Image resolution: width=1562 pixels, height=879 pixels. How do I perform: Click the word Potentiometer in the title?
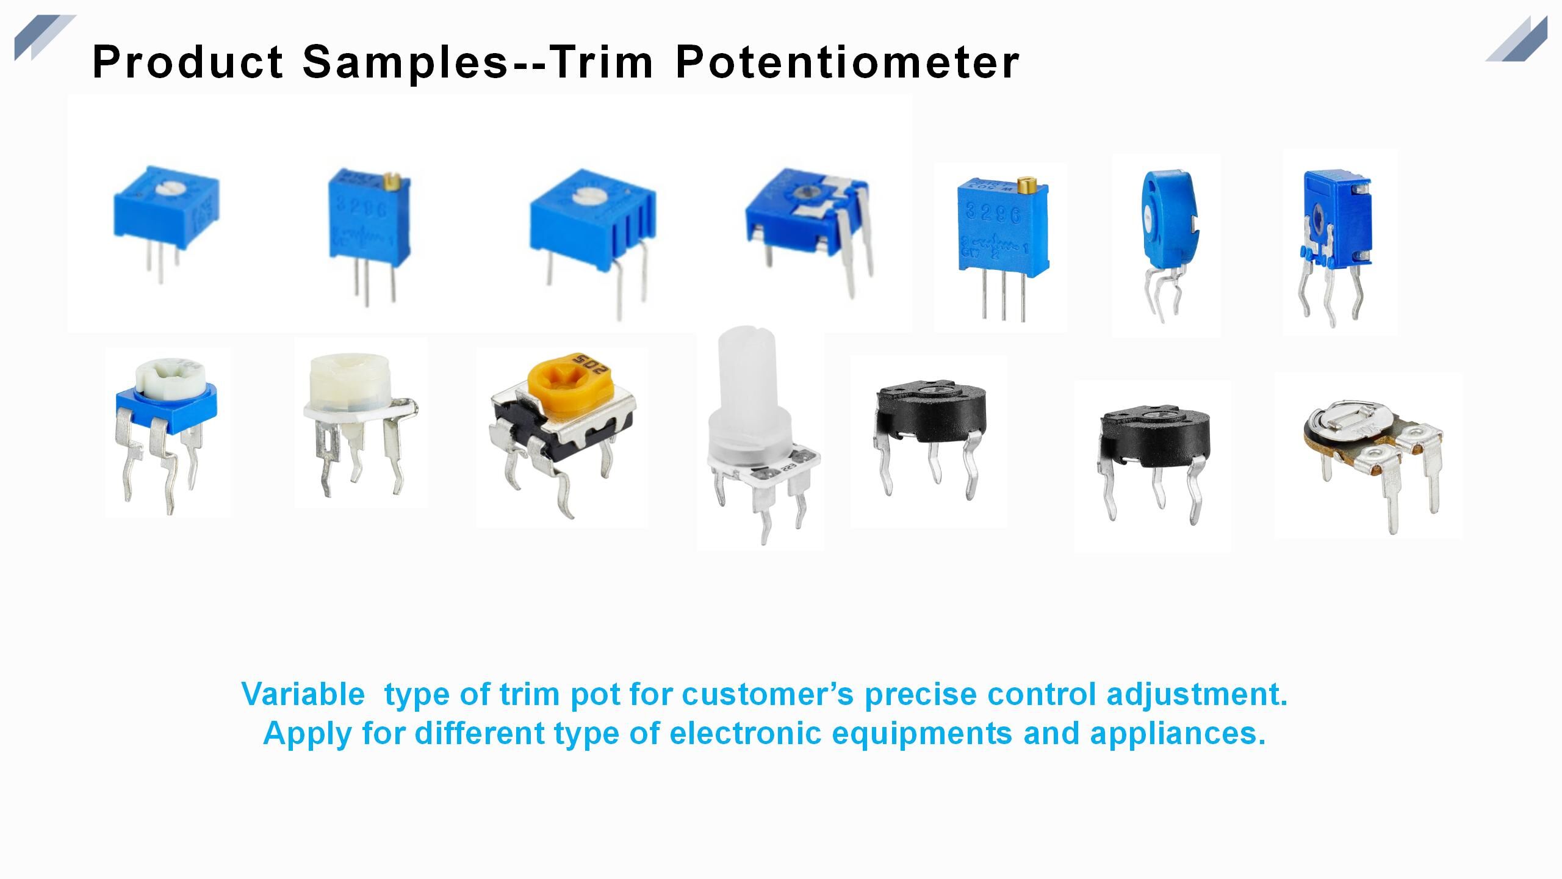847,62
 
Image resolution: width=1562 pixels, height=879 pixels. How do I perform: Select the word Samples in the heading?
405,62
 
